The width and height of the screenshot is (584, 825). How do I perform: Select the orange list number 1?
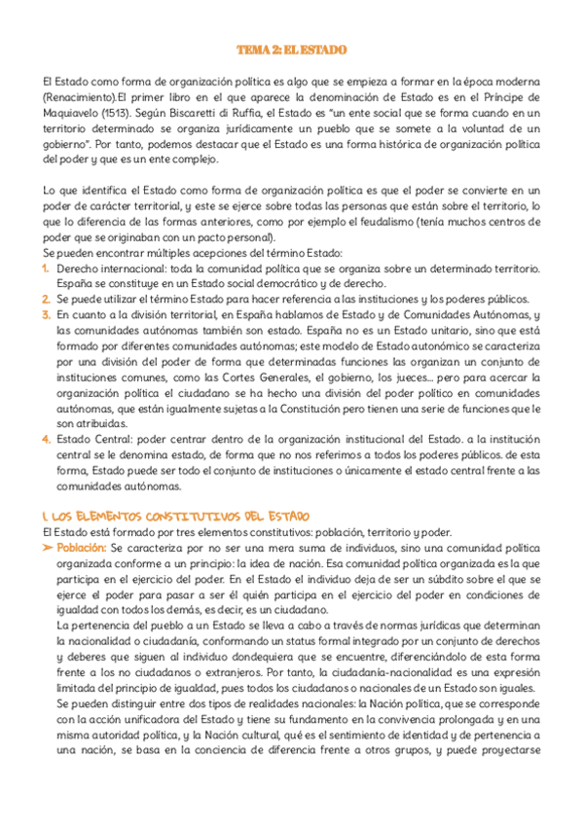(x=47, y=268)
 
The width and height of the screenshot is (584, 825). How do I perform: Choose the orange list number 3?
(x=47, y=315)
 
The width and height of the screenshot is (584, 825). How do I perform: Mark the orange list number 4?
(x=47, y=439)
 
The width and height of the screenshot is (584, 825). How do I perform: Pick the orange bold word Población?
(x=81, y=549)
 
